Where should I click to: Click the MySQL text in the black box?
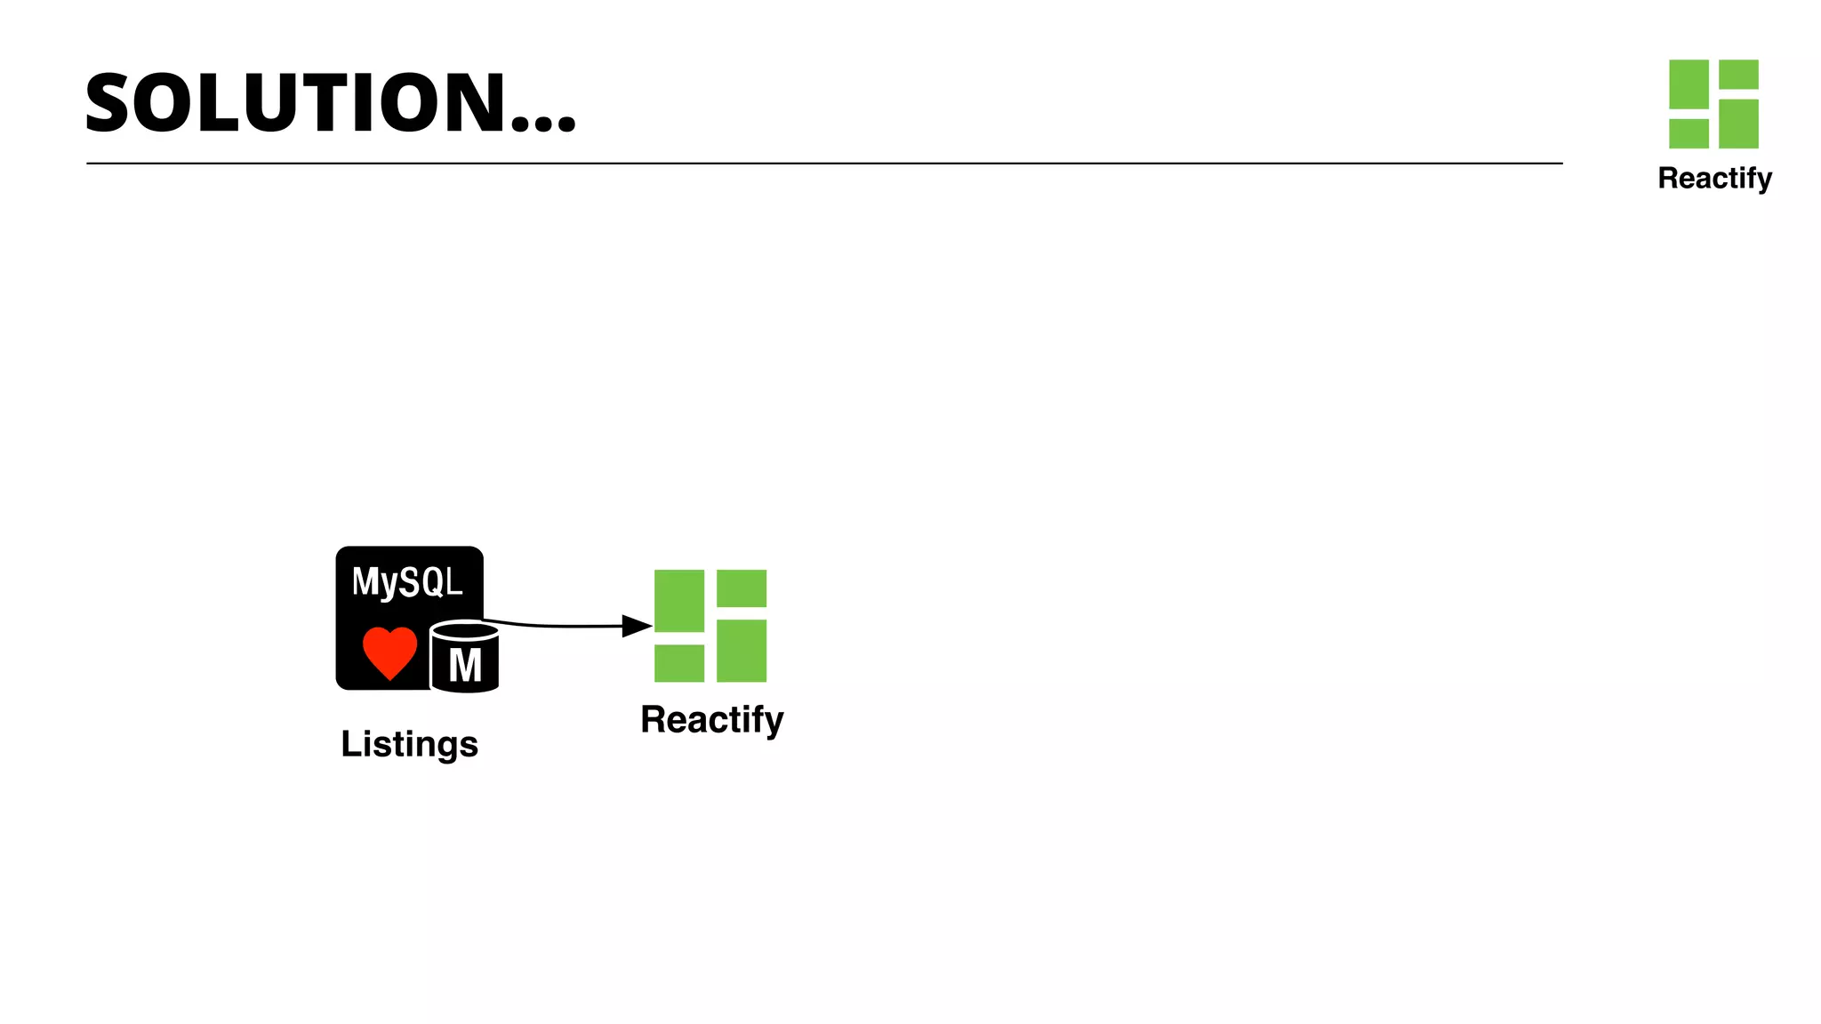[407, 583]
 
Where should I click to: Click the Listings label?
[409, 745]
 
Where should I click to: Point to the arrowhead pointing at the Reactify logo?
[637, 626]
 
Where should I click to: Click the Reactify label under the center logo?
[711, 720]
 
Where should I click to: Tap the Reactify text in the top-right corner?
[1714, 179]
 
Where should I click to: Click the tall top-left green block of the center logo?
[679, 601]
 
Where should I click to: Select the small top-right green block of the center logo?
[742, 588]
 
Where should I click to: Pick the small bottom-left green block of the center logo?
[679, 663]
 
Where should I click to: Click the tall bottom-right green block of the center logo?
[742, 651]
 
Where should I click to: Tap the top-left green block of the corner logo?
[1689, 84]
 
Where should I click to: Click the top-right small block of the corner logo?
[1738, 74]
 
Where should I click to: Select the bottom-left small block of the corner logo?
[1689, 133]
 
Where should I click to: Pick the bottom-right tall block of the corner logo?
[1738, 124]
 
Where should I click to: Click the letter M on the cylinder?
[465, 666]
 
